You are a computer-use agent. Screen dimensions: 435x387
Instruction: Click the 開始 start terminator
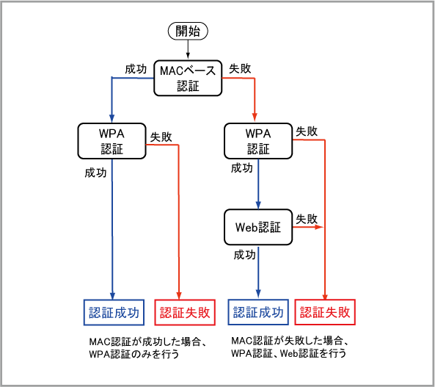tap(188, 31)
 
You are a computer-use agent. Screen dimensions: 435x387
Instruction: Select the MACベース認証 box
tap(188, 78)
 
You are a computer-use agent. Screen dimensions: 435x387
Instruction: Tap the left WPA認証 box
tap(112, 141)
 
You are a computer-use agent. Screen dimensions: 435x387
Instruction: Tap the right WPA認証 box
tap(258, 141)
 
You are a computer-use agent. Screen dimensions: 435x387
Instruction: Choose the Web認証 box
tap(258, 227)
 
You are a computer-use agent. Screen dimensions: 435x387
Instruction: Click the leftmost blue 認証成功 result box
tap(114, 312)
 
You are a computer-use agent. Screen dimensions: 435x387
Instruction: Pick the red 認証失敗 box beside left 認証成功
tap(185, 312)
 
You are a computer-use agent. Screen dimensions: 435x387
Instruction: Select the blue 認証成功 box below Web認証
tap(258, 312)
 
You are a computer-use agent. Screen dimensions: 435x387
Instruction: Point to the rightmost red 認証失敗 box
tap(325, 312)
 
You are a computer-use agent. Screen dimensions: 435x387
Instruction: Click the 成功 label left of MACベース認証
tap(136, 69)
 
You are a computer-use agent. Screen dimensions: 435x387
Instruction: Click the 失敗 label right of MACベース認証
tap(240, 68)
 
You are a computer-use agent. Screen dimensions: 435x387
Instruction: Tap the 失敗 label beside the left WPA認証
tap(161, 137)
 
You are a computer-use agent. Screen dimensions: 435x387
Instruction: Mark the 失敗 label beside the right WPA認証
tap(307, 131)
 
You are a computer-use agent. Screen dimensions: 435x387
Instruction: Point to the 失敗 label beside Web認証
tap(307, 219)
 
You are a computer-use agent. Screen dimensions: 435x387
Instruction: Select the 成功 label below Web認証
tap(244, 255)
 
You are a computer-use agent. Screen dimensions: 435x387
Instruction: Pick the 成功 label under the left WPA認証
tap(95, 173)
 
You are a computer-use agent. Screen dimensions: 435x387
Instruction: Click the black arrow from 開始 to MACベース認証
tap(188, 49)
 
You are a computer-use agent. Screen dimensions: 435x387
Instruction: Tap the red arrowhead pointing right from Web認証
tap(319, 227)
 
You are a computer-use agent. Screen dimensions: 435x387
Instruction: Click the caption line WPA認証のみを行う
tap(134, 354)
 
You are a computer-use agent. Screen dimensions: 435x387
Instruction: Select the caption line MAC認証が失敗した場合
tap(290, 341)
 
